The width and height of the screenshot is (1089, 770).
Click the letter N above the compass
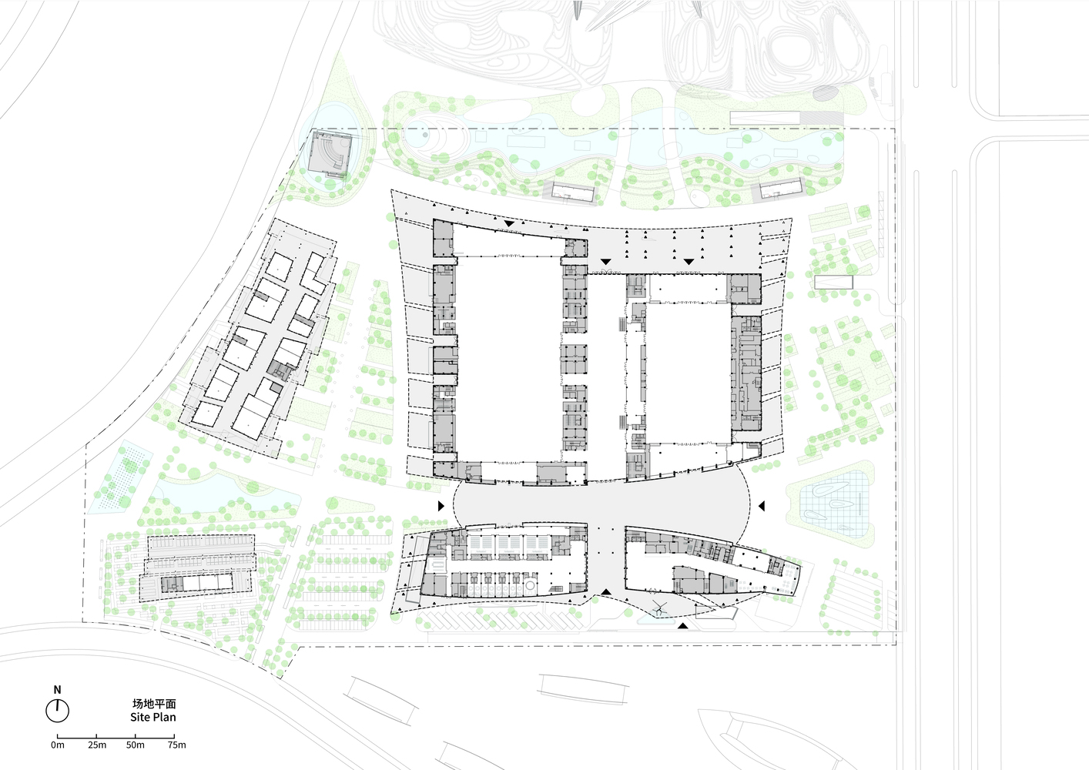coord(57,689)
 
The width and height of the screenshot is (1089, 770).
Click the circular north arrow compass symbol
coord(57,711)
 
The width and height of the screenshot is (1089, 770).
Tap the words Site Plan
coord(153,718)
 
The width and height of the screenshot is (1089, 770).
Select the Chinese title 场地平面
coord(153,704)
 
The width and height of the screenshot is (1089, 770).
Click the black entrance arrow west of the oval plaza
coord(441,506)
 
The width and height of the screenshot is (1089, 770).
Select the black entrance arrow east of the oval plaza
coord(762,506)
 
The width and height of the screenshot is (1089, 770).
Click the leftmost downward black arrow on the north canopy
coord(509,223)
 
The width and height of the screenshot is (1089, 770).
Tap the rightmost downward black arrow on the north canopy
coord(689,262)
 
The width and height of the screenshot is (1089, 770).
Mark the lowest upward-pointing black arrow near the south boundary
coord(684,626)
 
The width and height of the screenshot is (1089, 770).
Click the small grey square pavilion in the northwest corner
coord(328,153)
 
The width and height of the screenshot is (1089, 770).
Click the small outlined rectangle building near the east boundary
coord(833,282)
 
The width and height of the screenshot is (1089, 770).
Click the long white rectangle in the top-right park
coord(766,117)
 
